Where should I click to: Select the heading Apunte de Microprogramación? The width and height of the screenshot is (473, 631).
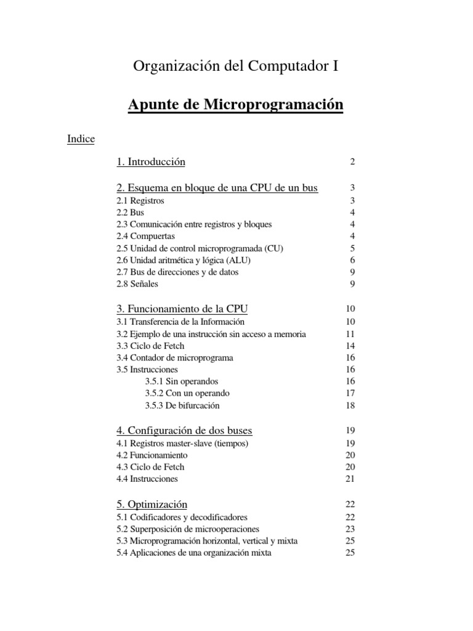[x=235, y=105]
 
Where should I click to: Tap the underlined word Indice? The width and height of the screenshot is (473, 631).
[x=81, y=139]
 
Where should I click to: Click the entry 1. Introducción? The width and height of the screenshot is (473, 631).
[x=151, y=162]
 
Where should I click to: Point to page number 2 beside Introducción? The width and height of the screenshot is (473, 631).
[x=352, y=162]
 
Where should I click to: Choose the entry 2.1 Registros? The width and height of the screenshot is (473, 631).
[x=140, y=201]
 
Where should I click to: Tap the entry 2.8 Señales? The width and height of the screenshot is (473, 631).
[x=137, y=284]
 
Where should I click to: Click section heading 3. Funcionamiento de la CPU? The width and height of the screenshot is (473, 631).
[x=182, y=309]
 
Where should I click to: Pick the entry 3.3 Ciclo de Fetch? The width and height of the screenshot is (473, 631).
[x=150, y=346]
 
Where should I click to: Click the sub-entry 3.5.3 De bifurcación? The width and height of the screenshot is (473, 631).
[x=182, y=405]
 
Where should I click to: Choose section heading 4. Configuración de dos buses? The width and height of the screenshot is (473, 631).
[x=184, y=430]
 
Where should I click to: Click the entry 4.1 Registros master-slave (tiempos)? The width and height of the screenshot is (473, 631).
[x=182, y=443]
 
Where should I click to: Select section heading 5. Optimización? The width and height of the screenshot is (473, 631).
[x=152, y=504]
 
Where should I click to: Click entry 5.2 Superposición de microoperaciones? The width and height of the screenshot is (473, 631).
[x=188, y=529]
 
